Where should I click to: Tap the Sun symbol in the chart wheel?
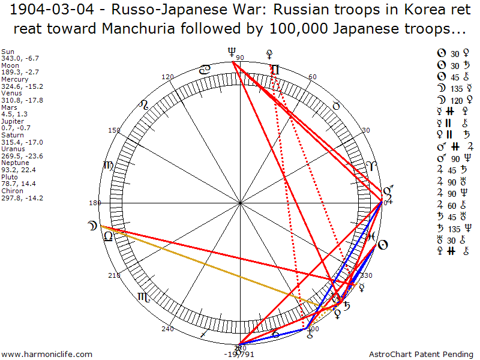(382, 245)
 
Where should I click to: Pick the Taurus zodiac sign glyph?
(337, 106)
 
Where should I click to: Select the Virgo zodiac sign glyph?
(109, 166)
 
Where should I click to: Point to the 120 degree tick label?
(168, 77)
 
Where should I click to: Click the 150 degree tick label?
(114, 130)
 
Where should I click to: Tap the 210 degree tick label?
(114, 275)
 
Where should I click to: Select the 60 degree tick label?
(312, 77)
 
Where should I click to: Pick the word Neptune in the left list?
(14, 163)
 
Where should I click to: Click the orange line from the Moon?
(210, 267)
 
